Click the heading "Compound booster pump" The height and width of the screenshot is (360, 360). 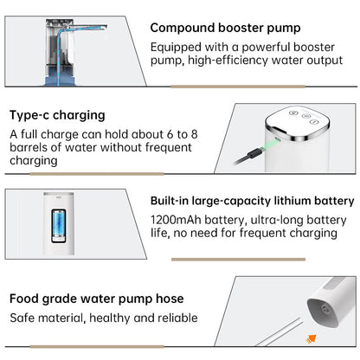coord(225,29)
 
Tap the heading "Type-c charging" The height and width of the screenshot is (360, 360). coord(57,115)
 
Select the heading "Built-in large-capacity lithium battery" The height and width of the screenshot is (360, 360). coord(253,201)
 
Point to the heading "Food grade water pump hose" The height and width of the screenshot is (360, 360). coord(97,299)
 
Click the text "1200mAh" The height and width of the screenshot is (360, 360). coord(176,220)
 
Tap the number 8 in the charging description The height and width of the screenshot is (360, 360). coord(194,134)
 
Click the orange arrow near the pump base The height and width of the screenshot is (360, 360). coord(312,339)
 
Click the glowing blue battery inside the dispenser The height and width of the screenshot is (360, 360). coord(59,223)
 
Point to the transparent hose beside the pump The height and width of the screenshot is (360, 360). coord(280,331)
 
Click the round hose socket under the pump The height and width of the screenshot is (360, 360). coord(326,310)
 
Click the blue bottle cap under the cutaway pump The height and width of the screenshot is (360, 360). coord(59,76)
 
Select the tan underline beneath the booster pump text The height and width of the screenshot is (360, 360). coord(238,87)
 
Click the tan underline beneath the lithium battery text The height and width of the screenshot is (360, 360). coord(238,260)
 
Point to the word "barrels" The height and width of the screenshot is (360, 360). coord(28,148)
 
